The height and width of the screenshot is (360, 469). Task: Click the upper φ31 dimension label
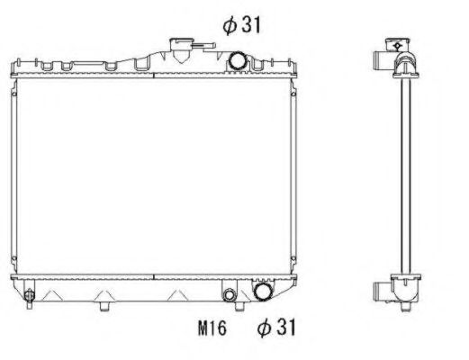point(242,25)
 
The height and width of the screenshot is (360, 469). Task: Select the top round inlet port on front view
point(238,61)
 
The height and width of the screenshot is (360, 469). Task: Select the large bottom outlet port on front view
point(263,292)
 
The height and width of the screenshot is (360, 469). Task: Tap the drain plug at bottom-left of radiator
point(29,296)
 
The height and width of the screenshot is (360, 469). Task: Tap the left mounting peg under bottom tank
point(106,306)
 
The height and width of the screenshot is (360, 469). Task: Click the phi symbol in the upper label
point(230,25)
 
